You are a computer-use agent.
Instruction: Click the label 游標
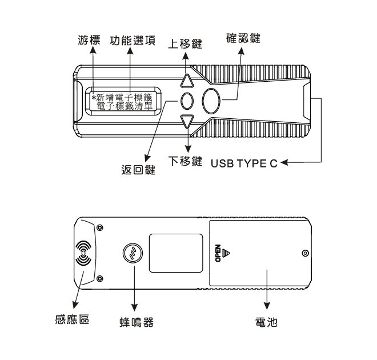[x=89, y=41]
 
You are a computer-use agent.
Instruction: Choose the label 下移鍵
[x=187, y=162]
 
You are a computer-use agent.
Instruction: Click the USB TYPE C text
[x=244, y=163]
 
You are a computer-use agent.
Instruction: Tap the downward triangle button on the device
[x=187, y=121]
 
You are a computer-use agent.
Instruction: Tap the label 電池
[x=266, y=321]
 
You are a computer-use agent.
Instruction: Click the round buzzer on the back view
[x=133, y=253]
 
